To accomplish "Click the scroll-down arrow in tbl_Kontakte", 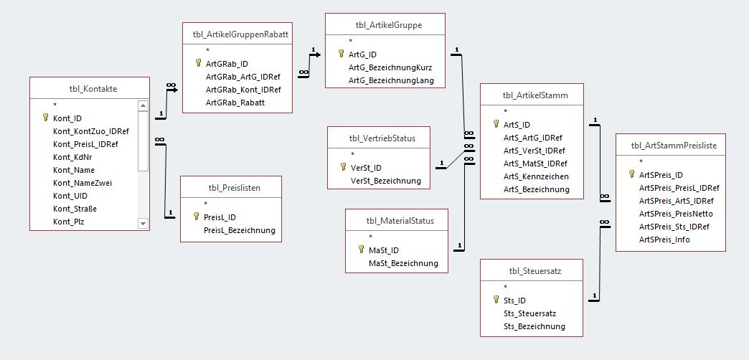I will pos(142,224).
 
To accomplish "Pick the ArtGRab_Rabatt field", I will pos(235,103).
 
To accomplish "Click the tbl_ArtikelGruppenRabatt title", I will pos(237,33).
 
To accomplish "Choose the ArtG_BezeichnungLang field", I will pos(392,80).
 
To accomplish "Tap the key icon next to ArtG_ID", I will pos(341,54).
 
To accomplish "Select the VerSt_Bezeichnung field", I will pos(385,181).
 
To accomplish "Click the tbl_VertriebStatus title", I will pos(379,138).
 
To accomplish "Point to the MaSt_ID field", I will pos(383,250).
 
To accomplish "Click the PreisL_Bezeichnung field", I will pos(240,230).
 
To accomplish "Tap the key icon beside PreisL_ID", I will pos(197,217).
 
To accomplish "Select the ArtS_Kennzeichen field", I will pos(536,176).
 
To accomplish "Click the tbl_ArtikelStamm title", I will pos(532,95).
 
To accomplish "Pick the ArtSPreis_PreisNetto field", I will pos(675,214).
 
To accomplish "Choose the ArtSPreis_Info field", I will pos(664,240).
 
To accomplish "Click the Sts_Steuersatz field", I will pos(529,313).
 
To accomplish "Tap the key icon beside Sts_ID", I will pos(496,300).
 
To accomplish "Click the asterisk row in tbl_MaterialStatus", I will pos(370,237).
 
